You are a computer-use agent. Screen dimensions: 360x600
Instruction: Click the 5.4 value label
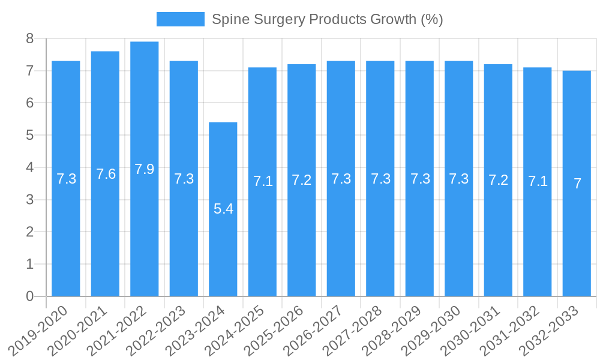tap(223, 209)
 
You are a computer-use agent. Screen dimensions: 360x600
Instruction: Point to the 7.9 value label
tap(145, 169)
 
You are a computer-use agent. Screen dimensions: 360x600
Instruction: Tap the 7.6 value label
tap(106, 174)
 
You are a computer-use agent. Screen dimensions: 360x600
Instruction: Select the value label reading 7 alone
tap(577, 184)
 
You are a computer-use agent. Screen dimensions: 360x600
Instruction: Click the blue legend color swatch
tap(180, 19)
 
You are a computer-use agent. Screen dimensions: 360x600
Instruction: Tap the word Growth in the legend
tap(392, 19)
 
